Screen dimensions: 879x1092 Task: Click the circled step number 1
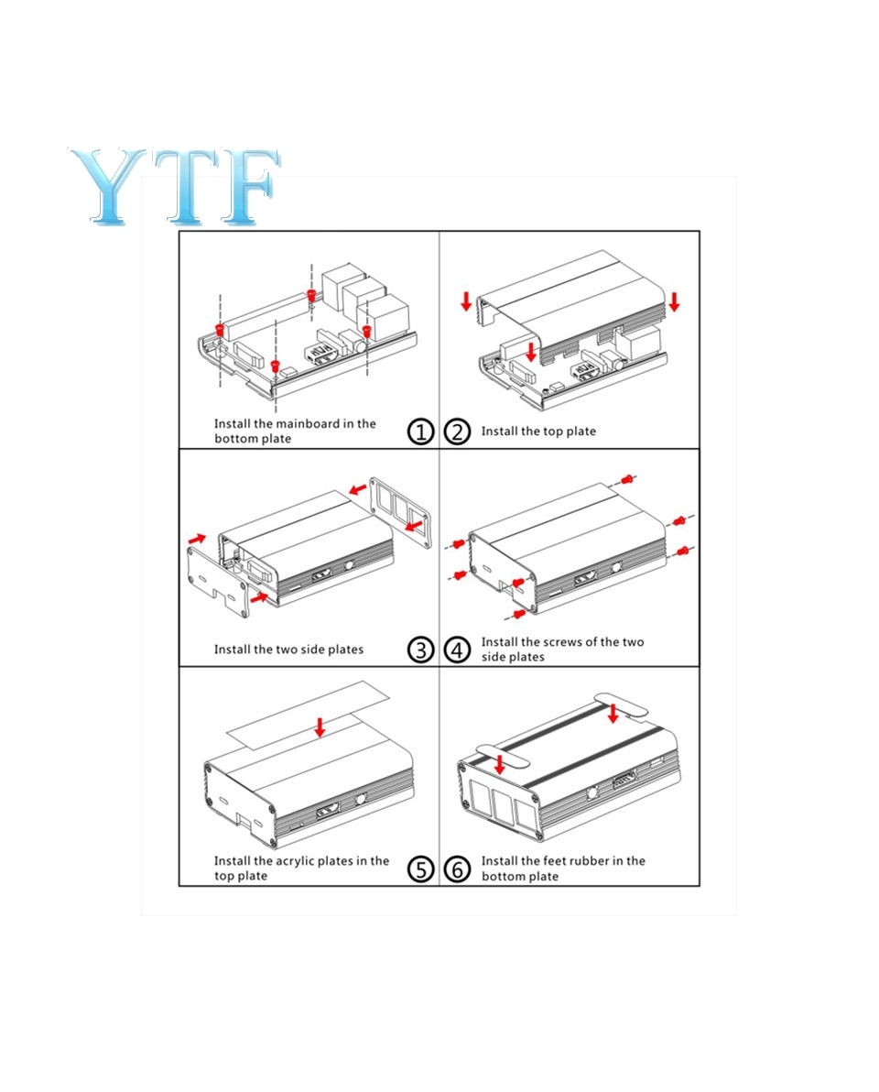click(420, 431)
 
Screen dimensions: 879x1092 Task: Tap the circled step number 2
click(457, 431)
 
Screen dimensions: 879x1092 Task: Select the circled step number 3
click(420, 650)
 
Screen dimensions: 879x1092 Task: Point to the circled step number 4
click(457, 650)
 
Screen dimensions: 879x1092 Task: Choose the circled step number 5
click(420, 869)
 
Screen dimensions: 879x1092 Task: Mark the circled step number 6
click(457, 869)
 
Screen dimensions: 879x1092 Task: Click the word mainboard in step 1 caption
click(308, 423)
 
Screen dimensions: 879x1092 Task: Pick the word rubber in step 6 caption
click(589, 861)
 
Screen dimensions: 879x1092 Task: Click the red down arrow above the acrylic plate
click(320, 727)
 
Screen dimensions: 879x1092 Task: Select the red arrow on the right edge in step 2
click(674, 301)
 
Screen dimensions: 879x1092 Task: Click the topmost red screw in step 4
click(628, 479)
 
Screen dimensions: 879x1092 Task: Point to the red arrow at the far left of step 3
click(198, 539)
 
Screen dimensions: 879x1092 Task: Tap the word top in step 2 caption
click(553, 431)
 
